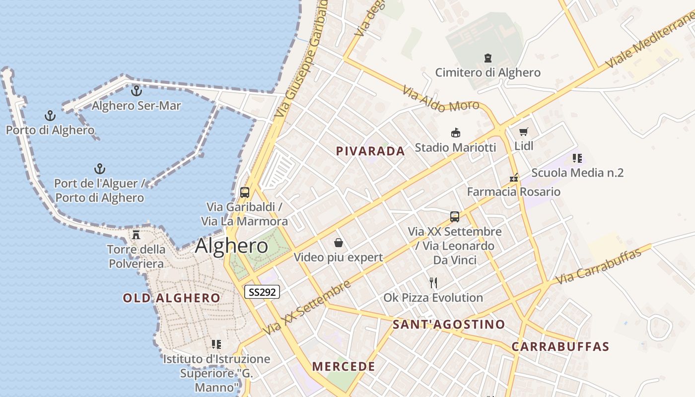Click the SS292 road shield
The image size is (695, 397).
(x=262, y=292)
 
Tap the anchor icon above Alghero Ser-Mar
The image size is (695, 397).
(x=137, y=91)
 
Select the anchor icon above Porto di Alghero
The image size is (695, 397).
(x=50, y=116)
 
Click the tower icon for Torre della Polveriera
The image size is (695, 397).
(x=136, y=234)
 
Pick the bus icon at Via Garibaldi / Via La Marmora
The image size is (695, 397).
(x=244, y=192)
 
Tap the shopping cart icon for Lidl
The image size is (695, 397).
(x=524, y=132)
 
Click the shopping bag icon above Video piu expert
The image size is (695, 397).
(x=339, y=243)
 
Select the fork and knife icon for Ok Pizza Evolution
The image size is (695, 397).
(x=433, y=283)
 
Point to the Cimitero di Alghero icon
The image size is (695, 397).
(x=487, y=58)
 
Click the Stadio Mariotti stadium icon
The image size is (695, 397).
(x=455, y=132)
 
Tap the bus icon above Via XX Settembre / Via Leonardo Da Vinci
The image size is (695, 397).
(x=454, y=217)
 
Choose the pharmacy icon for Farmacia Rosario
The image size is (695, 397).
(x=514, y=177)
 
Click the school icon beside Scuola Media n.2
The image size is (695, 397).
(x=577, y=158)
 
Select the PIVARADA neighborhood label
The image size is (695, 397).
(x=370, y=151)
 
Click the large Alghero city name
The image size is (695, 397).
(x=231, y=246)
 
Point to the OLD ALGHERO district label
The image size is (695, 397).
(x=171, y=298)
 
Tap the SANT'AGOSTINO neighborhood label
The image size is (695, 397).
(x=449, y=325)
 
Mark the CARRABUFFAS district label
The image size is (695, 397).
(x=560, y=346)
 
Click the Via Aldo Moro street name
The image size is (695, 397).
(x=440, y=99)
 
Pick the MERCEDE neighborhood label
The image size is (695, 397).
(x=344, y=367)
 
